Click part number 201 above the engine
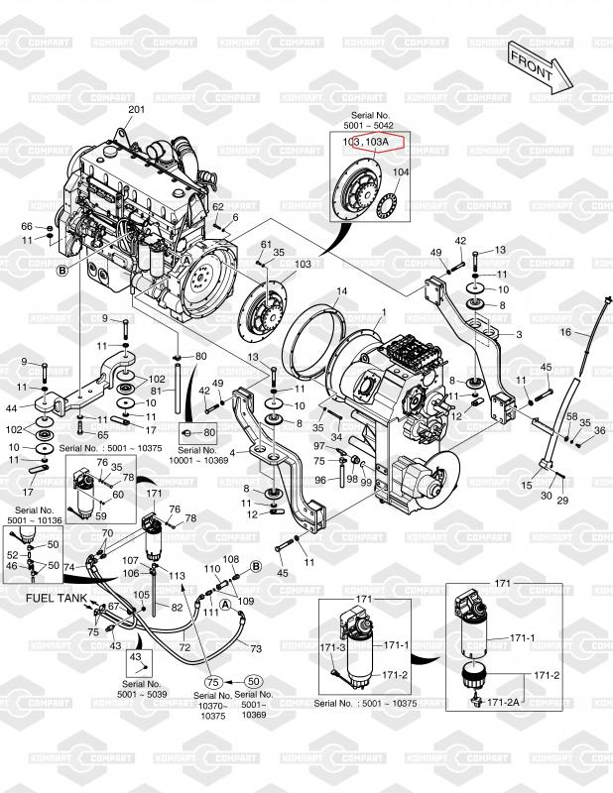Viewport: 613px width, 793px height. [137, 109]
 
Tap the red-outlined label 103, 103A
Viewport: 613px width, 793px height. [367, 143]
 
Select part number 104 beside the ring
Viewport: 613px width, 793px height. [400, 172]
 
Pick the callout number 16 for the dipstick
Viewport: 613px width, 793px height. [565, 331]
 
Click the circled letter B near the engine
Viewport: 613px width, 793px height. [61, 269]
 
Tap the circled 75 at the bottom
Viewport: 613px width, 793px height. [212, 682]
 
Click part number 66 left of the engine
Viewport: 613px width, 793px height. [27, 227]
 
